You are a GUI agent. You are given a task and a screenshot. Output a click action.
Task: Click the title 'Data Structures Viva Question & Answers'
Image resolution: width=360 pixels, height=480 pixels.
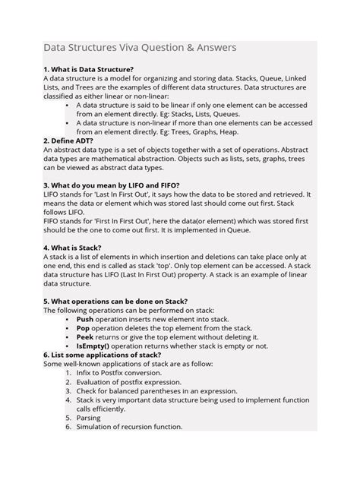(139, 48)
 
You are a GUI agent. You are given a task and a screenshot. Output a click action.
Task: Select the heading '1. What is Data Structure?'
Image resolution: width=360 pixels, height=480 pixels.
(88, 69)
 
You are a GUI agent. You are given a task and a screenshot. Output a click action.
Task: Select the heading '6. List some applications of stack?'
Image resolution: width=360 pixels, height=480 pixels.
(102, 355)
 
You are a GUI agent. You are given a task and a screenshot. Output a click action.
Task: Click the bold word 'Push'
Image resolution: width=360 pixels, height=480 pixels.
(85, 320)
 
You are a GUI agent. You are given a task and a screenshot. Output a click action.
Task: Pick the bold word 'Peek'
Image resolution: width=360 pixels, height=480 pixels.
(85, 336)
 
